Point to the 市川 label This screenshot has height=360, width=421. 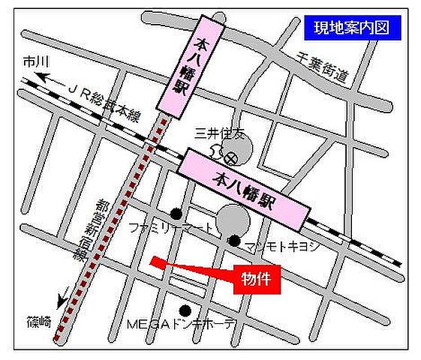35,60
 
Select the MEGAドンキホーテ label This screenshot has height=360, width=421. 180,325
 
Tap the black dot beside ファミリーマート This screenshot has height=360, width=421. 176,212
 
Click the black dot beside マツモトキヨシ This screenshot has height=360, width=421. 234,241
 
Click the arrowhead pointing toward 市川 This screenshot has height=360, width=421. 44,76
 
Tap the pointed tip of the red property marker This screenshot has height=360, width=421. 152,260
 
